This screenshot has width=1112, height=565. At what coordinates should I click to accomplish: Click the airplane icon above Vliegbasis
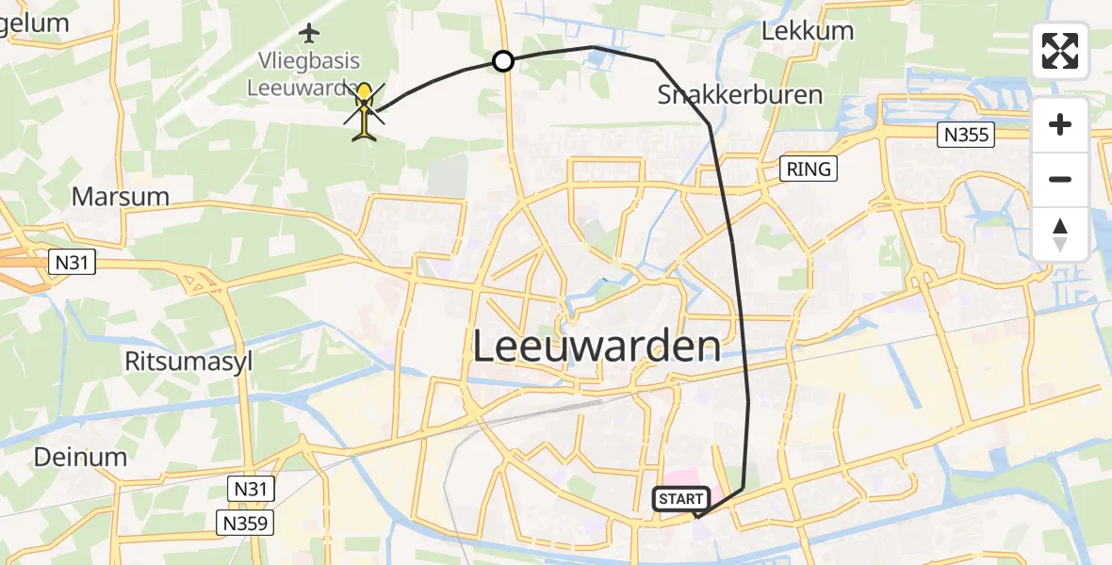click(x=308, y=34)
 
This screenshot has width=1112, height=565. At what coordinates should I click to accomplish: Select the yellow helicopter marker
click(x=365, y=111)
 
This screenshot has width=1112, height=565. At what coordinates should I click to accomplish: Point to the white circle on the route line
click(x=503, y=61)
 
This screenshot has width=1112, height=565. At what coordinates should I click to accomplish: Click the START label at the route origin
click(x=681, y=498)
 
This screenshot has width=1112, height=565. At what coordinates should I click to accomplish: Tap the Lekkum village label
click(x=808, y=31)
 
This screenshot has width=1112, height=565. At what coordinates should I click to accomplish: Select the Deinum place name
click(x=80, y=458)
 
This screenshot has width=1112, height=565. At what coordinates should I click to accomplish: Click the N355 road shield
click(x=967, y=136)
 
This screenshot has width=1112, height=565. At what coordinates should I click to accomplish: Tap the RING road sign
click(x=808, y=169)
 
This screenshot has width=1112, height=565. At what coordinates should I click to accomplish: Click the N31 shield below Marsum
click(x=73, y=262)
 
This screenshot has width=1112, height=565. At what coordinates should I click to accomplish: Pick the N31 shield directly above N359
click(x=250, y=488)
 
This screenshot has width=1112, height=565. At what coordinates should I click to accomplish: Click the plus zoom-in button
click(x=1060, y=124)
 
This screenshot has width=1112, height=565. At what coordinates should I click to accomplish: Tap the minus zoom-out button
click(x=1060, y=179)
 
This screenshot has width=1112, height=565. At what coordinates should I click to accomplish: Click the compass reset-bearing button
click(x=1060, y=234)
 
